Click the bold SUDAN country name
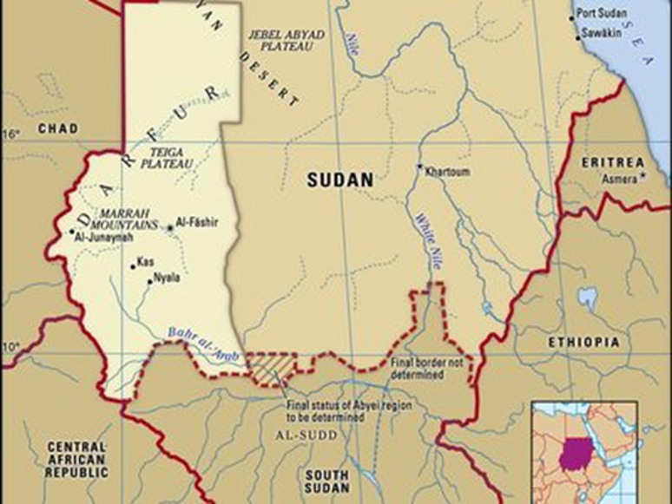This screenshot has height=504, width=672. click(340, 180)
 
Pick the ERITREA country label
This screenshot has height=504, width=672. click(613, 162)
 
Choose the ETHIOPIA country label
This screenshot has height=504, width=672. click(583, 343)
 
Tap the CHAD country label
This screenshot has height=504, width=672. click(57, 128)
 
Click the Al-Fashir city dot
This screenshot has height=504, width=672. click(170, 229)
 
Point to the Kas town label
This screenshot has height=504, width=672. click(145, 261)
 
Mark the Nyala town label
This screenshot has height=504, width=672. click(166, 278)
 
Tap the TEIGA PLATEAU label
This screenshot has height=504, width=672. click(167, 156)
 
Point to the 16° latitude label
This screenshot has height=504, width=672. click(10, 134)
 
